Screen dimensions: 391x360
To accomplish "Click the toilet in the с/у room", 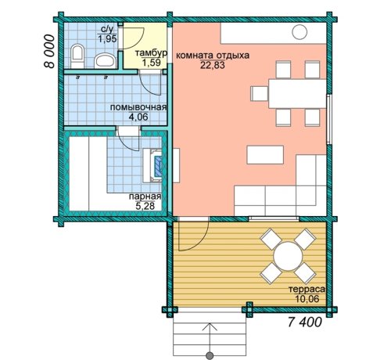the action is (x=77, y=56).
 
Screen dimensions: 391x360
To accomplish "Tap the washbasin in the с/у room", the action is (x=105, y=60).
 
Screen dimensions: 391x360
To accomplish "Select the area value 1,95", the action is (x=107, y=39).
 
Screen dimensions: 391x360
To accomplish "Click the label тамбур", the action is (x=151, y=53).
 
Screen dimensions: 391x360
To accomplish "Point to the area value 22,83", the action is (x=213, y=65).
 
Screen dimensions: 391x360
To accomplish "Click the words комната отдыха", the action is (x=213, y=56).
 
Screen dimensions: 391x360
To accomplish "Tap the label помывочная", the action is (x=138, y=107).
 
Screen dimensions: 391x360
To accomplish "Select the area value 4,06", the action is (x=138, y=117).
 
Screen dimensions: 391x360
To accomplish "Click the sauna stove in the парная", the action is (x=152, y=165).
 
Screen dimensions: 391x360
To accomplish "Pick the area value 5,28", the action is (x=145, y=207).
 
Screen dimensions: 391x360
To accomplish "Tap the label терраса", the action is (x=307, y=289).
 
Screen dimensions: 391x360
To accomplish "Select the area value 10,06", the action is (x=307, y=299).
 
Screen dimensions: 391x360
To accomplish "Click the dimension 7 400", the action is (x=305, y=322).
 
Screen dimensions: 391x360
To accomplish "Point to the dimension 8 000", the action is (x=49, y=52).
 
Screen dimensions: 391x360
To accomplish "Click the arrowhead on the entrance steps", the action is (x=210, y=326).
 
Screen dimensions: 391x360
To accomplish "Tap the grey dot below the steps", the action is (x=210, y=355).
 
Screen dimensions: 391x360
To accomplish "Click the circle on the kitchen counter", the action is (x=300, y=32).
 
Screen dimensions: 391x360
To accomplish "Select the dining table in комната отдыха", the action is (x=297, y=93).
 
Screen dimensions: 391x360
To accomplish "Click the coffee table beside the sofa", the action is (x=265, y=155).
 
